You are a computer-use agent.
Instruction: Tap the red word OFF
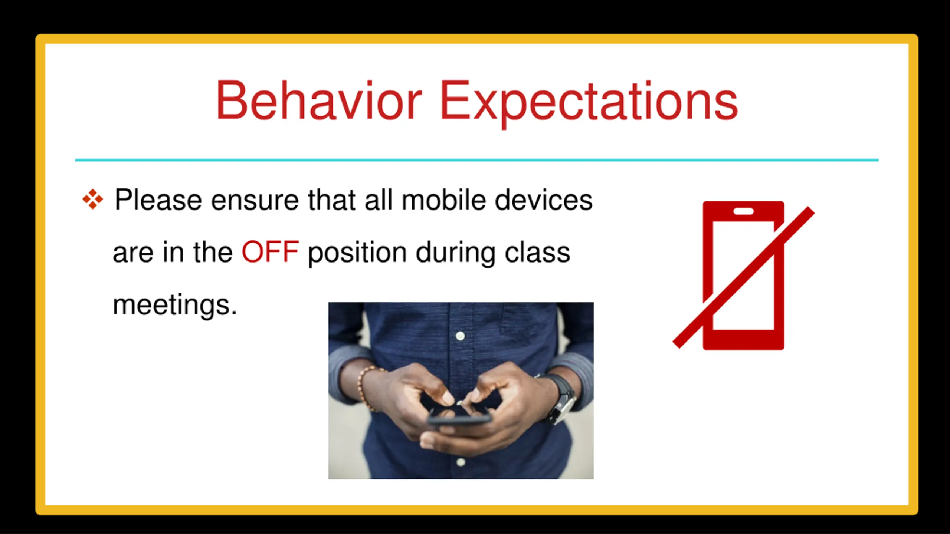tap(270, 252)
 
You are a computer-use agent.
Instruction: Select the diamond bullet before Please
tap(93, 199)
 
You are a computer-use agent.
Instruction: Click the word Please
tap(158, 200)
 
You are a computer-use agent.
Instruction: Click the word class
tap(537, 252)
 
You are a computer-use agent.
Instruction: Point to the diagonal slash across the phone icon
tap(744, 277)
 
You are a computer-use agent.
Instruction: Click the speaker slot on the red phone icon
tap(744, 211)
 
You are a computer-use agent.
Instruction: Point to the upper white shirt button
tap(460, 336)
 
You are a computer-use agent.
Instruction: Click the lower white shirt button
tap(461, 462)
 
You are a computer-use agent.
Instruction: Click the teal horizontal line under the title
tap(477, 160)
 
